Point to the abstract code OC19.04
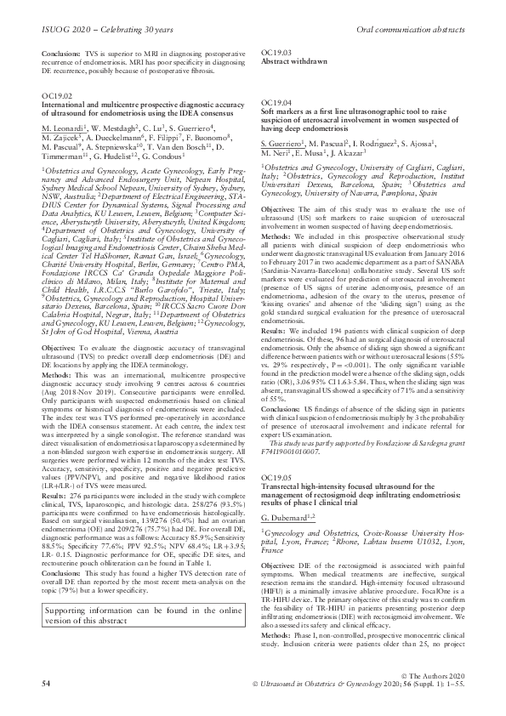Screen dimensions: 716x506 point(275,102)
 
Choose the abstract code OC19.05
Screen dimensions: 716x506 point(275,479)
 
